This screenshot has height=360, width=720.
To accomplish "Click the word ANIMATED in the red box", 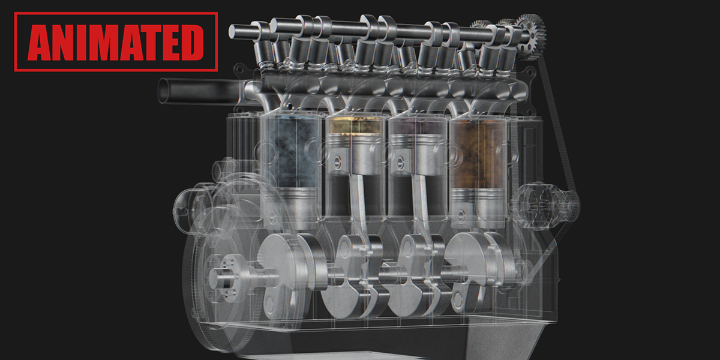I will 116,42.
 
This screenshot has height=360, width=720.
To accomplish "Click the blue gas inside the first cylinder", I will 290,150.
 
